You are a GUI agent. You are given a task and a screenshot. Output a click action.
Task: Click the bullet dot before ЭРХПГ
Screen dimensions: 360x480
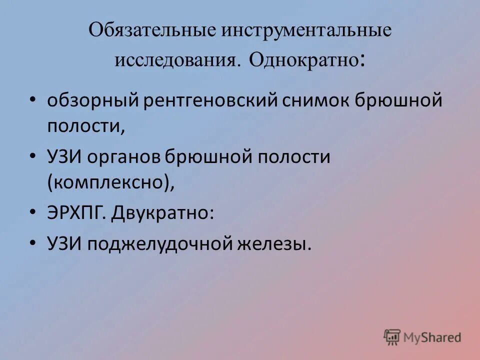[32, 212]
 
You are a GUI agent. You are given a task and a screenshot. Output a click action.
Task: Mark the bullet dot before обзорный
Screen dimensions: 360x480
[32, 100]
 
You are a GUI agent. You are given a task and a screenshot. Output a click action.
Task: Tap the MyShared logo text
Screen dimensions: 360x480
[432, 337]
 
